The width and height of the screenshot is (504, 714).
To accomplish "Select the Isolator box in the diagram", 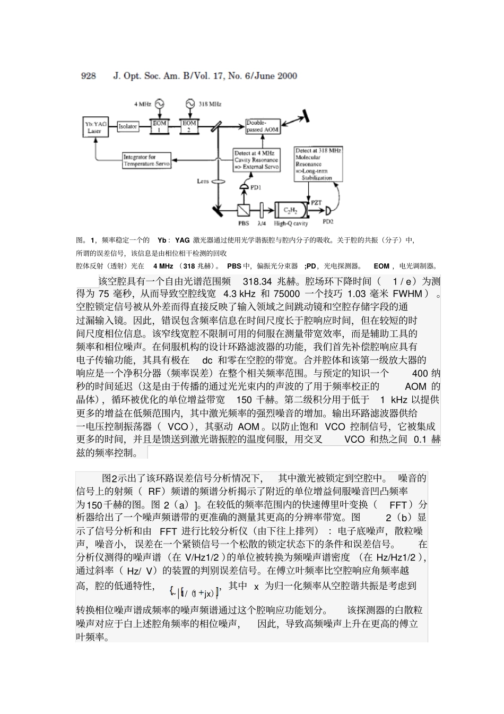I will point(127,127).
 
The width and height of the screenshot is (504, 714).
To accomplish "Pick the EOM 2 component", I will point(189,126).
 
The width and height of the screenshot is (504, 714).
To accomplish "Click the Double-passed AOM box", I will point(263,126).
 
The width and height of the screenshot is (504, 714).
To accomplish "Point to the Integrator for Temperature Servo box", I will point(146,160).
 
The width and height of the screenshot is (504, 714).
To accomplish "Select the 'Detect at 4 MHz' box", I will point(256,160).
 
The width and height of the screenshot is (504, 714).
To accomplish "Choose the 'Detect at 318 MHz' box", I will point(318,165).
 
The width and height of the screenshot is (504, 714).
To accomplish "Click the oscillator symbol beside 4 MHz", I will point(159,104).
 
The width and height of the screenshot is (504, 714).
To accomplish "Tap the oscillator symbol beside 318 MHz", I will point(190,104).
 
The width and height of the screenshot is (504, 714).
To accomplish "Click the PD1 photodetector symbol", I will point(244,187).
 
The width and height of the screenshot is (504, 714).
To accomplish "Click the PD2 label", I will point(328,221).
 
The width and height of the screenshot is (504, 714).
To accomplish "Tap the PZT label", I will point(316,202).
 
